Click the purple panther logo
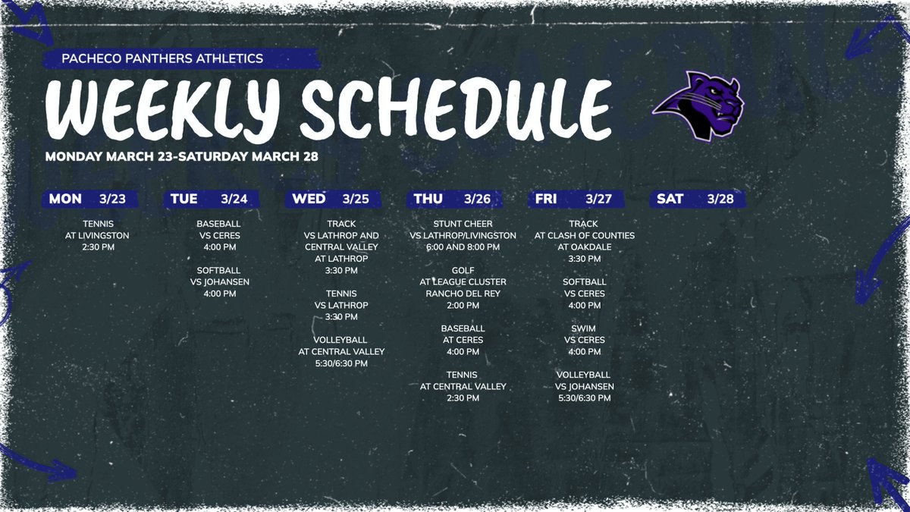pyautogui.click(x=699, y=105)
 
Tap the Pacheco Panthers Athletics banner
pyautogui.click(x=164, y=58)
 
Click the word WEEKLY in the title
pyautogui.click(x=164, y=108)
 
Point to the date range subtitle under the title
pyautogui.click(x=182, y=157)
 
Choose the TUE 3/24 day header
pyautogui.click(x=210, y=199)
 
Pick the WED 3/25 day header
pyautogui.click(x=332, y=199)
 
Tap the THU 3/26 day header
pyautogui.click(x=453, y=199)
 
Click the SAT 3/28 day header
pyautogui.click(x=696, y=199)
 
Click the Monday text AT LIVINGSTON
pyautogui.click(x=97, y=236)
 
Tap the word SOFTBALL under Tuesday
pyautogui.click(x=219, y=271)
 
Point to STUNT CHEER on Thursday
pyautogui.click(x=463, y=224)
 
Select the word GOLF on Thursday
pyautogui.click(x=463, y=271)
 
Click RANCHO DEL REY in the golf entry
pyautogui.click(x=463, y=294)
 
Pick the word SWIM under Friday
pyautogui.click(x=584, y=328)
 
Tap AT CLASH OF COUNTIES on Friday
pyautogui.click(x=584, y=236)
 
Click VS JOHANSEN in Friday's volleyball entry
pyautogui.click(x=584, y=386)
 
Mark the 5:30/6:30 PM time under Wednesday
pyautogui.click(x=341, y=363)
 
